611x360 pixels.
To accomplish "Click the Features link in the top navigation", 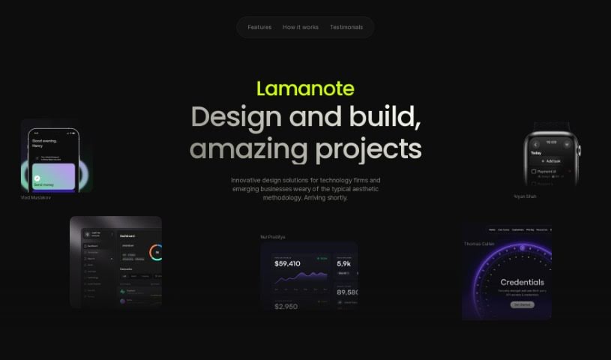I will click(259, 27).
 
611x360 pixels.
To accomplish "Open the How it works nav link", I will click(300, 27).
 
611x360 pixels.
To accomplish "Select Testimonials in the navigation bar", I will click(346, 27).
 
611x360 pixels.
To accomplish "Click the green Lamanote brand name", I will click(305, 88).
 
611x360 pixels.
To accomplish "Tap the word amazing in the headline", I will click(248, 148).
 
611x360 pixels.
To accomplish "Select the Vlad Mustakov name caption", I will click(36, 197).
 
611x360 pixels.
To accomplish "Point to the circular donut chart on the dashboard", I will click(157, 252).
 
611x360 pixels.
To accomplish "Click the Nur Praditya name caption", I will click(273, 237).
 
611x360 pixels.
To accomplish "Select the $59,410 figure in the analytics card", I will click(287, 263).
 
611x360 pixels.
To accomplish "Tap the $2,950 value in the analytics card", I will click(287, 306).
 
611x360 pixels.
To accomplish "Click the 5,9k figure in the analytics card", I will click(344, 263).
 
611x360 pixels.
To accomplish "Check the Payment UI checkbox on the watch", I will click(534, 171).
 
